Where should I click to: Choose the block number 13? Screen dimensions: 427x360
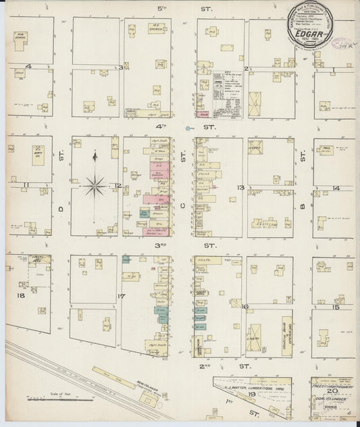(239, 186)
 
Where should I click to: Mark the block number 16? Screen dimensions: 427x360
(246, 307)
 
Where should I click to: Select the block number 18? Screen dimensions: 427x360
(20, 295)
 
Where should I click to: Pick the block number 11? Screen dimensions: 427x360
(26, 184)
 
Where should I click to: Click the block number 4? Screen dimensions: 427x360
(28, 66)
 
